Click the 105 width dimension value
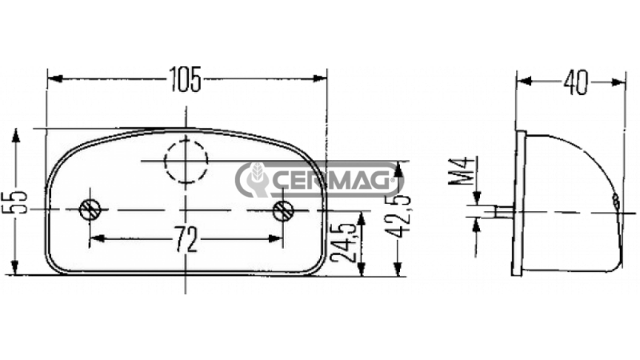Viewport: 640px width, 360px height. [x=186, y=78]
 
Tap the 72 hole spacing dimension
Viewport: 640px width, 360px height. [x=186, y=238]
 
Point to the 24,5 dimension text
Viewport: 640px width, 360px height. [x=342, y=242]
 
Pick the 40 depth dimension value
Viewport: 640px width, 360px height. [x=576, y=83]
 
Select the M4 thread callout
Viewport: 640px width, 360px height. [x=462, y=171]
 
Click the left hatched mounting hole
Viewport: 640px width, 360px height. [x=90, y=210]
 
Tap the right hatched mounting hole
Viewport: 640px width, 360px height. [x=283, y=210]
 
